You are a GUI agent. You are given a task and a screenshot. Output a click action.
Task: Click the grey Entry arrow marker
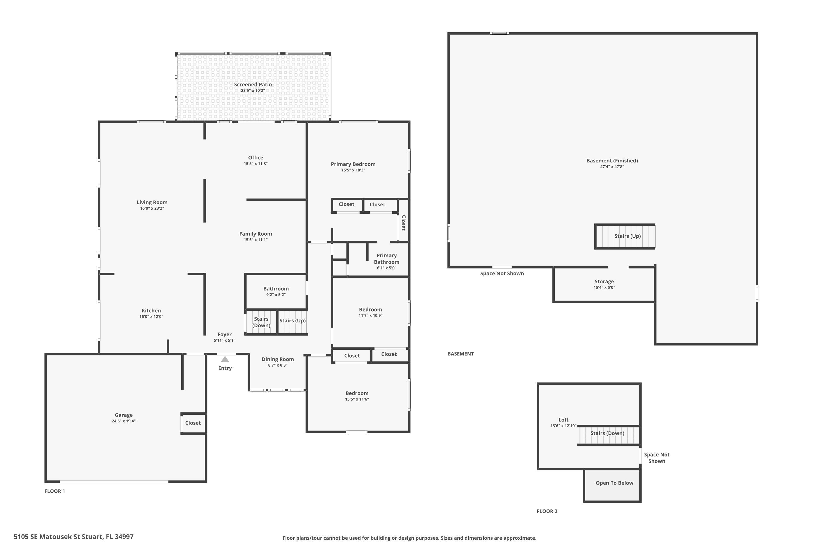point(225,359)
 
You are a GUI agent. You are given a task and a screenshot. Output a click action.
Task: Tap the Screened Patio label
point(253,84)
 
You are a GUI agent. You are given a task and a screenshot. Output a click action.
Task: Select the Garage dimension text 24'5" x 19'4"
point(124,421)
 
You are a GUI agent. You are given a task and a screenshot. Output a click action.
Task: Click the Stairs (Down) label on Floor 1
point(261,322)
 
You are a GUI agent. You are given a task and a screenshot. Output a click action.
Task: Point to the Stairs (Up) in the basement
point(627,236)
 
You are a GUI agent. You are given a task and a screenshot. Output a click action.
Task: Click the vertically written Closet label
point(403,223)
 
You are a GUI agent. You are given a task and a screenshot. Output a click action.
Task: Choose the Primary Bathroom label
point(387,259)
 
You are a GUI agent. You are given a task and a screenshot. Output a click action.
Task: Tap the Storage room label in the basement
point(604,281)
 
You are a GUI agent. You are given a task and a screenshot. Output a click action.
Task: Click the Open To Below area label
point(614,483)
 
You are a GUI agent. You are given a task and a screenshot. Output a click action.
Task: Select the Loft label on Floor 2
point(563,420)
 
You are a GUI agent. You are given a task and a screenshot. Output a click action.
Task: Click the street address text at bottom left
point(73,537)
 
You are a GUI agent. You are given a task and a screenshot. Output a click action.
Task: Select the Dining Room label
point(278,359)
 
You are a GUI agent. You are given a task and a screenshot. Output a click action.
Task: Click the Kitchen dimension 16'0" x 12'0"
point(151,316)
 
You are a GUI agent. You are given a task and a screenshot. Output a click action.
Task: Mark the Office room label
point(256,158)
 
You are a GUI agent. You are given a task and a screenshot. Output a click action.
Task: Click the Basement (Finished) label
point(612,161)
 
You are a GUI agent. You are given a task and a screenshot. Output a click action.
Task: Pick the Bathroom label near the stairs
point(276,288)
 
